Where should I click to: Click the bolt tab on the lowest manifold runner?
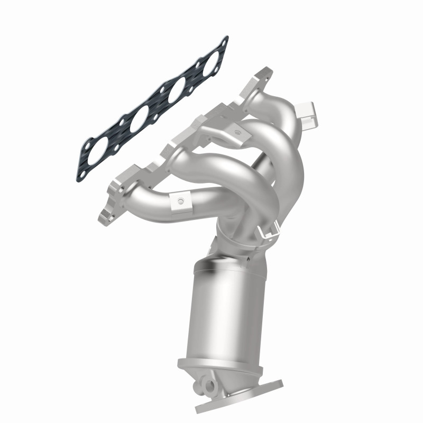(x=180, y=201)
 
